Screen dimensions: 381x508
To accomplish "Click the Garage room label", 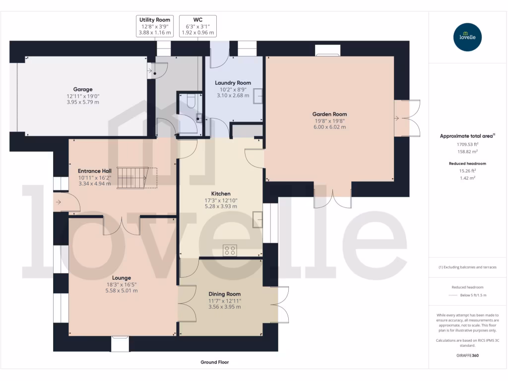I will point(83,90).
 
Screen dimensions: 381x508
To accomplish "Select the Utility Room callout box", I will point(155,26).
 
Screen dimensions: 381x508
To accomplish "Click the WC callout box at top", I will point(197,26).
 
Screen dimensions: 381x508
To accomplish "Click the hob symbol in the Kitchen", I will point(230,250).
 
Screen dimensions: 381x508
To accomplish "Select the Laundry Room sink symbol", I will point(258,96).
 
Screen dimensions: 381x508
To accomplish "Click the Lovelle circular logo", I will point(468,37).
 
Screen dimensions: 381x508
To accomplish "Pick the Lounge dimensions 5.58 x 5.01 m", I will point(121,291).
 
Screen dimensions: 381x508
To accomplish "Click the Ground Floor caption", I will point(214,362).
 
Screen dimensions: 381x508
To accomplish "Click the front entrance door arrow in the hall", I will point(59,202).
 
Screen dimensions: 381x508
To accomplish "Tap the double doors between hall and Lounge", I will point(122,225).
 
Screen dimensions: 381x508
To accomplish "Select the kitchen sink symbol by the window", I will point(257,219).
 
